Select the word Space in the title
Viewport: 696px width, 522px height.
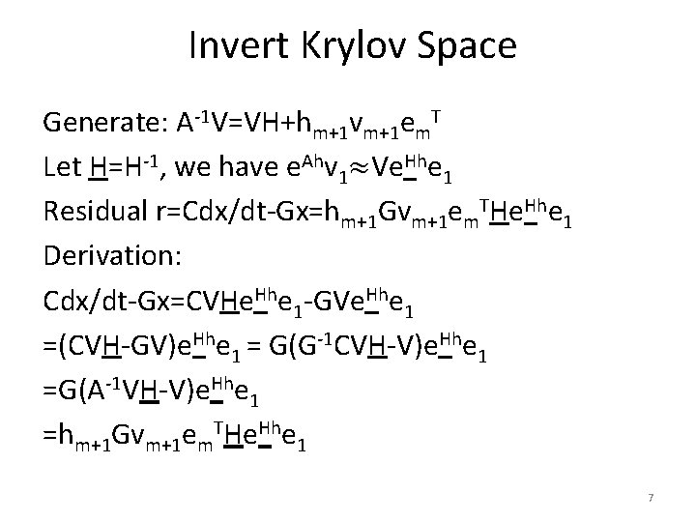(x=469, y=46)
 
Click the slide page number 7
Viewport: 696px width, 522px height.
(x=651, y=497)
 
